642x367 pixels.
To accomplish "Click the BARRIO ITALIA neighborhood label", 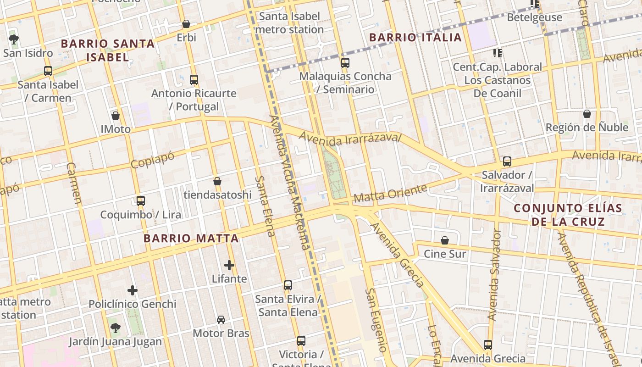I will click(x=415, y=38).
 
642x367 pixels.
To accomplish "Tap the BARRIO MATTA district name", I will click(x=191, y=239).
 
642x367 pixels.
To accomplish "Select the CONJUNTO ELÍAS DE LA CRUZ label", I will click(x=568, y=215).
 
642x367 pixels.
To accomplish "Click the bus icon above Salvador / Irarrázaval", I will click(x=507, y=161).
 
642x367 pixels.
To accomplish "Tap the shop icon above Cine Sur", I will click(x=444, y=240).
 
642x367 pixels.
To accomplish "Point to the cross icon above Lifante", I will click(x=229, y=265).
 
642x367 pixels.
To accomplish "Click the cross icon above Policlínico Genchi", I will click(x=133, y=290).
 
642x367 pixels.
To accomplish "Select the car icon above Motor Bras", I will click(x=221, y=320).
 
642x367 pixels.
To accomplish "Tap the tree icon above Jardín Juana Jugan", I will click(x=115, y=328).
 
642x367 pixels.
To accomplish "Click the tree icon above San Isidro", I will click(x=14, y=39).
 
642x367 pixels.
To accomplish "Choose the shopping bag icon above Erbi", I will click(x=186, y=24).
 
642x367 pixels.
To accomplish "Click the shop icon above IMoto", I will click(x=116, y=116).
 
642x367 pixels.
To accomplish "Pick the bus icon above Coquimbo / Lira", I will click(x=141, y=201).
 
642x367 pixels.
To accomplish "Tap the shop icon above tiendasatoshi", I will click(x=217, y=181).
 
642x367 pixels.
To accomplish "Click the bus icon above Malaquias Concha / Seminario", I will click(x=345, y=63).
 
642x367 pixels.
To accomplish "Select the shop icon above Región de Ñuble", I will click(x=587, y=114).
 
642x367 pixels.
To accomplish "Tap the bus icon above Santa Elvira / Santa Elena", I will click(x=288, y=285).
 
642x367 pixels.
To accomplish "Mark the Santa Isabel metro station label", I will click(x=289, y=23).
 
